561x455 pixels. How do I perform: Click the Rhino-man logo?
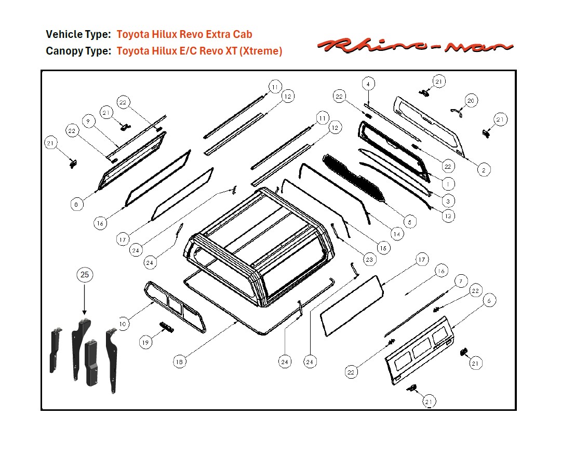point(415,46)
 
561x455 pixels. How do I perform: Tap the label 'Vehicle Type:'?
point(78,35)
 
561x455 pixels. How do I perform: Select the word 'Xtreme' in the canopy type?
point(262,51)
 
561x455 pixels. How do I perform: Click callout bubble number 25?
point(85,274)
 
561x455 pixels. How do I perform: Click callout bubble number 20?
point(471,101)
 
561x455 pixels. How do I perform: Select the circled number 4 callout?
point(368,84)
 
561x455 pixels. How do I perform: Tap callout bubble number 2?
point(483,170)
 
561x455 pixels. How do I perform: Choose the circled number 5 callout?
point(409,222)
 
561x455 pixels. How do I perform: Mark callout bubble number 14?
point(397,234)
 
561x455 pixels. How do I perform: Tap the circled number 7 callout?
point(460,281)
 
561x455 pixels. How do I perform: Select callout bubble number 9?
point(88,121)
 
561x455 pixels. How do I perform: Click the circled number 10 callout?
point(123,324)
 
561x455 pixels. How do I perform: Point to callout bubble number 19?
point(146,342)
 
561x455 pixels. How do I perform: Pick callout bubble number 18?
point(179,363)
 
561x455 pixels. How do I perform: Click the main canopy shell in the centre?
point(260,244)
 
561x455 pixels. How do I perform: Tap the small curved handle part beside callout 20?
point(456,112)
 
